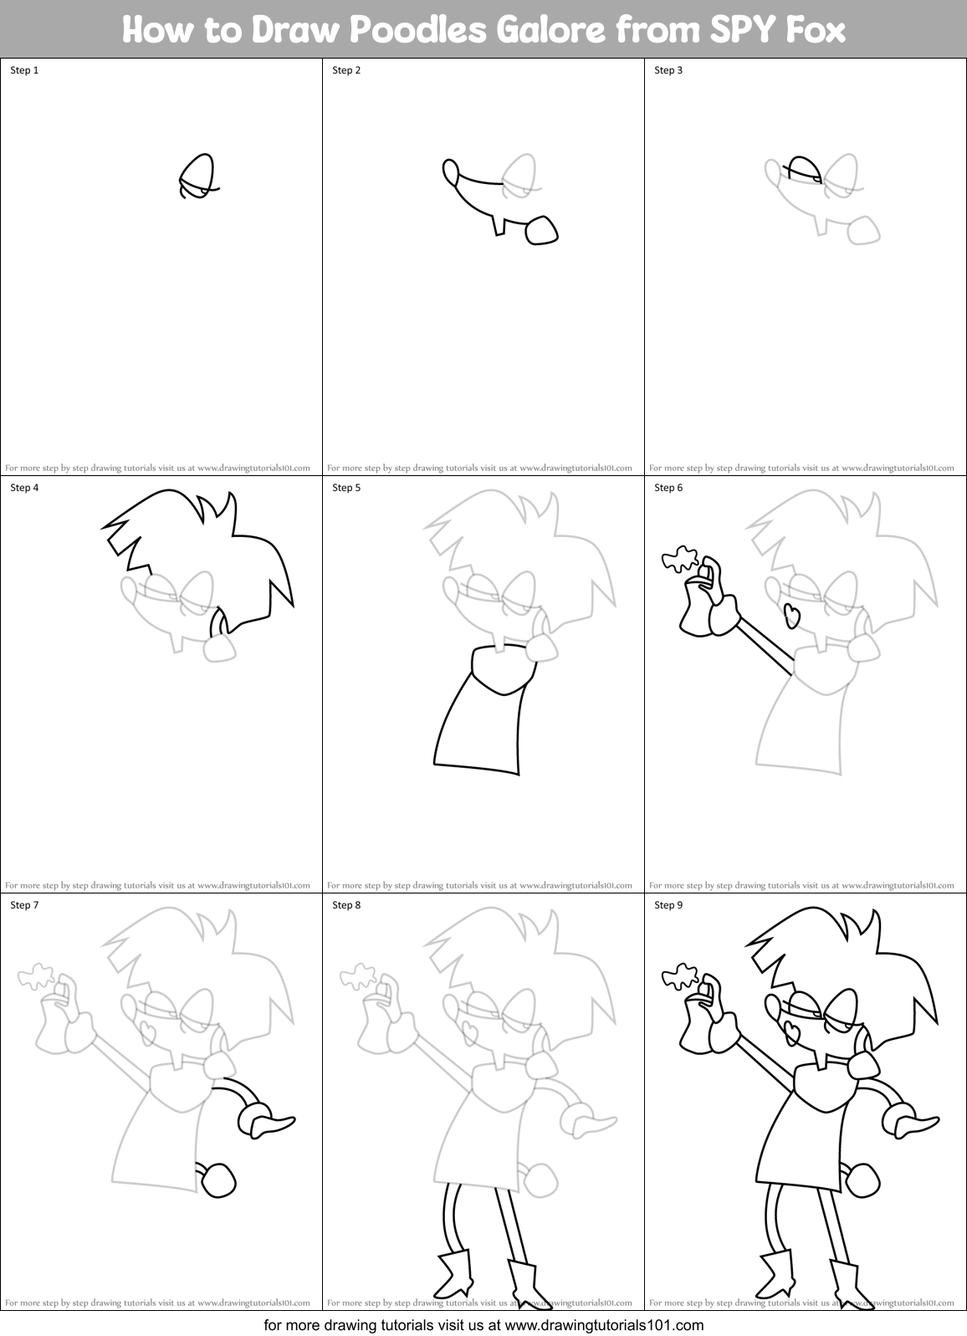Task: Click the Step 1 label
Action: coord(24,70)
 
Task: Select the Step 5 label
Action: coord(346,488)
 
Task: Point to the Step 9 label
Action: coord(668,905)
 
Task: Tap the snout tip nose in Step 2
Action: coord(450,171)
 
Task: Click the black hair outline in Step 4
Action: coord(201,536)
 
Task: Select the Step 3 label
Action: coord(668,70)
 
